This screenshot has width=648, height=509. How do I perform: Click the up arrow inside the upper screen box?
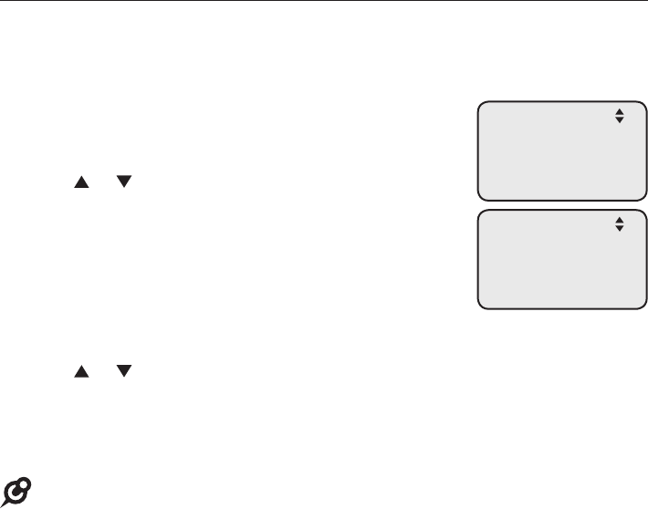tap(619, 112)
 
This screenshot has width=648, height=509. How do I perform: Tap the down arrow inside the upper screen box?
tap(619, 119)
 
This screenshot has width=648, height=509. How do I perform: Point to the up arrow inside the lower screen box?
tap(619, 219)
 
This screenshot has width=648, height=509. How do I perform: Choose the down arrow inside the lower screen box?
tap(619, 226)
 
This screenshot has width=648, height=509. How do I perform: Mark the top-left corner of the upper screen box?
tap(477, 101)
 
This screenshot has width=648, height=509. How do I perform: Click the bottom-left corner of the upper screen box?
tap(477, 198)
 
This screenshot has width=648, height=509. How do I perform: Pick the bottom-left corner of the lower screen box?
tap(477, 309)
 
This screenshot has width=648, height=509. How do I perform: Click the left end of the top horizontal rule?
tap(1, 1)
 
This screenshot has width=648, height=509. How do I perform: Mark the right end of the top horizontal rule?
tap(646, 1)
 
